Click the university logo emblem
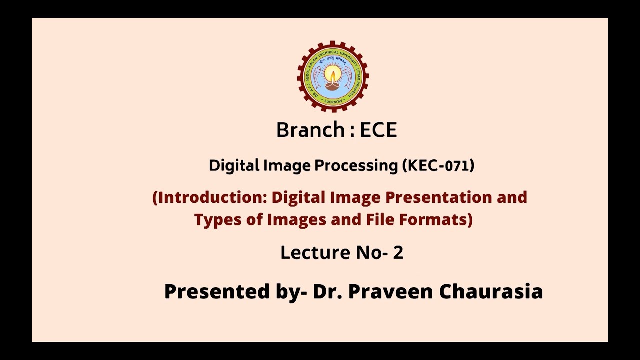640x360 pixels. (333, 77)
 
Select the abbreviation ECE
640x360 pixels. (378, 130)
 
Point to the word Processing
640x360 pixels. (356, 166)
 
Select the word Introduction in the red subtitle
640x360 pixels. (212, 197)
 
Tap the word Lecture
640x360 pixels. (314, 253)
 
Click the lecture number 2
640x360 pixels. (398, 253)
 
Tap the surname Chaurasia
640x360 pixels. (491, 291)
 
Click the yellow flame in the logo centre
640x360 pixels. (332, 75)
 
